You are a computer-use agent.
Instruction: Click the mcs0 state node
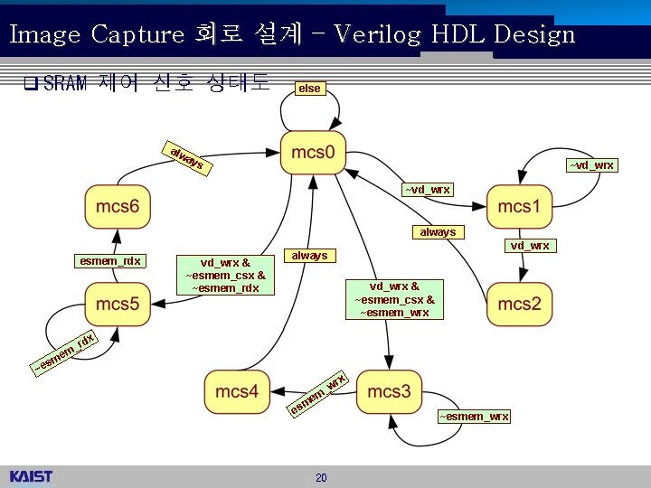tap(313, 155)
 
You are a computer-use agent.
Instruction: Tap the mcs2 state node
tap(519, 305)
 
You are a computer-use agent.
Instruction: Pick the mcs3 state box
tap(389, 391)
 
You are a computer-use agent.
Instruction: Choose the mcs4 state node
tap(237, 391)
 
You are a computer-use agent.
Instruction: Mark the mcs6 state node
tap(118, 207)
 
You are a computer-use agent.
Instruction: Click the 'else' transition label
tap(309, 89)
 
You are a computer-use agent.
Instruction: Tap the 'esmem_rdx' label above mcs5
tap(109, 261)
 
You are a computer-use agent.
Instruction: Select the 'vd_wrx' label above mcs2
tap(529, 246)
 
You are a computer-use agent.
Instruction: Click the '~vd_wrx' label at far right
tap(591, 164)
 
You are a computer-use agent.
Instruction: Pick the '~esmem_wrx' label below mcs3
tap(474, 417)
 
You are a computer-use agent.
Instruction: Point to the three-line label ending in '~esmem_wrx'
tap(394, 298)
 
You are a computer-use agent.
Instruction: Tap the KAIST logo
tap(32, 476)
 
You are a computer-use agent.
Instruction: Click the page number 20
tap(321, 477)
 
